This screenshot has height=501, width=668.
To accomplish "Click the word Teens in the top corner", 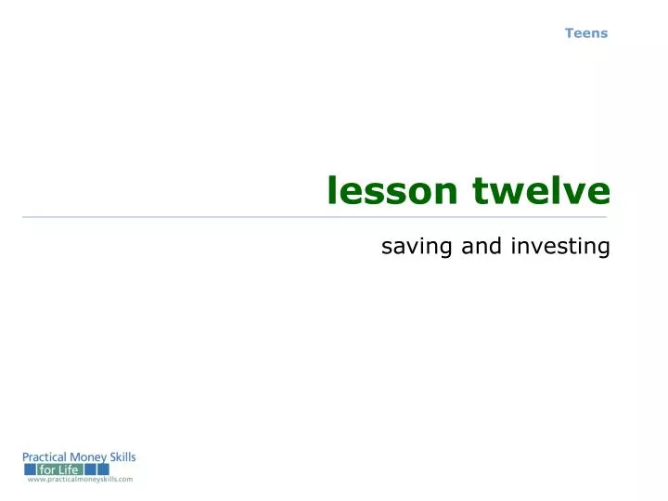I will (x=586, y=33).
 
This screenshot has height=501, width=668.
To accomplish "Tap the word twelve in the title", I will (x=542, y=191).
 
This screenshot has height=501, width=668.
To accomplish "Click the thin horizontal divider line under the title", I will (x=315, y=217).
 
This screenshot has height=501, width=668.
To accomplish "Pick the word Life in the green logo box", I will (x=71, y=469).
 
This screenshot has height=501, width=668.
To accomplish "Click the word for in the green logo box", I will (x=48, y=469).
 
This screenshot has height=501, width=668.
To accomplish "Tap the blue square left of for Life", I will (x=30, y=469).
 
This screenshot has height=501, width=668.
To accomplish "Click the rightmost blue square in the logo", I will (x=104, y=469).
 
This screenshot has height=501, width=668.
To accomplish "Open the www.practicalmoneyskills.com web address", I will (x=80, y=480).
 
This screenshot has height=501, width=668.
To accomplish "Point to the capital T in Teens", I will (x=569, y=33).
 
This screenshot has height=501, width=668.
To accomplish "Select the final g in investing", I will (x=603, y=249).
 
